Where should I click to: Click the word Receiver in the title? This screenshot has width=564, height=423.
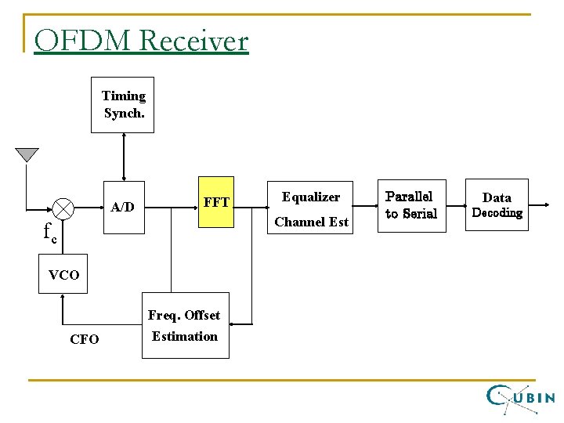[x=194, y=40]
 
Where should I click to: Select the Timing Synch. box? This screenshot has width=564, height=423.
[x=122, y=104]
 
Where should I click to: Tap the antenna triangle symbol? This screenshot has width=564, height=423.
[x=27, y=154]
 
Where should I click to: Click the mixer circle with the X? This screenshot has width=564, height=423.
[x=63, y=208]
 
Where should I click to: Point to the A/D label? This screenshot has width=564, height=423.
[x=122, y=208]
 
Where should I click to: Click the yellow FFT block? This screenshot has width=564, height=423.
[x=215, y=202]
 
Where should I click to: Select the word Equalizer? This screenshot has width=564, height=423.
[x=311, y=197]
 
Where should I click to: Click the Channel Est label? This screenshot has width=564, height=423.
[x=311, y=222]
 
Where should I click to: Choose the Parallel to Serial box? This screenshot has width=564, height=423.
[x=411, y=205]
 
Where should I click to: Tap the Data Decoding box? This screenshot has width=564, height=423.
[x=497, y=205]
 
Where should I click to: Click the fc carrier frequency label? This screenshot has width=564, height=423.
[x=49, y=232]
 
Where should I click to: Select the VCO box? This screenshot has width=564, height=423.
[x=63, y=275]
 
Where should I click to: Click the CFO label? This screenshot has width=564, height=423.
[x=84, y=340]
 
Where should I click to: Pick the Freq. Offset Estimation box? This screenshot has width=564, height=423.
[x=185, y=326]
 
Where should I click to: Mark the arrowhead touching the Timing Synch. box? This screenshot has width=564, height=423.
[x=122, y=137]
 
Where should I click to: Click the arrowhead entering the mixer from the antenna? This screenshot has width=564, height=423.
[x=49, y=209]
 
